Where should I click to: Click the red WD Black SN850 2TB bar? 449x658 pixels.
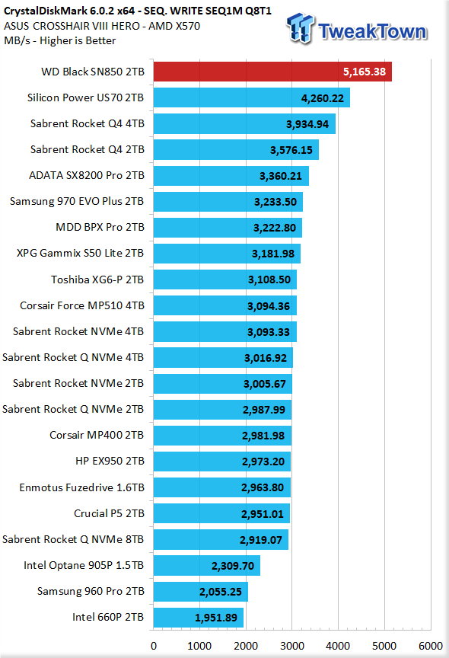click(x=272, y=72)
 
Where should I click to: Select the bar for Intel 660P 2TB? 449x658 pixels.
click(x=199, y=618)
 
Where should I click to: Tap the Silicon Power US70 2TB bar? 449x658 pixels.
click(x=252, y=97)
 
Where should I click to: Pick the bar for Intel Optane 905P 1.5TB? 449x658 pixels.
click(x=207, y=565)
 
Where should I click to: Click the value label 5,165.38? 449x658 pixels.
click(x=365, y=72)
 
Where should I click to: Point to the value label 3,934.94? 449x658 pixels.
click(x=307, y=124)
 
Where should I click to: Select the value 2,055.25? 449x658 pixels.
click(x=221, y=592)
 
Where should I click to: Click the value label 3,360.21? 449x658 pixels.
click(x=281, y=176)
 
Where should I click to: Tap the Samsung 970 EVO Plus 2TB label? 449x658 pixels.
click(x=77, y=201)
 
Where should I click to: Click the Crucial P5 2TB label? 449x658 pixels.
click(x=109, y=513)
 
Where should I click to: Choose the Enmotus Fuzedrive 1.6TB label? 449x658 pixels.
click(x=81, y=487)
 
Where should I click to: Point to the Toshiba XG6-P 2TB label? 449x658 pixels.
click(x=97, y=279)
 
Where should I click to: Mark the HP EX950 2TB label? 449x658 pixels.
click(x=110, y=461)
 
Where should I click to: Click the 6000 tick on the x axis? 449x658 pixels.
click(x=431, y=646)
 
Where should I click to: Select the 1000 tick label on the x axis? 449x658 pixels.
click(x=199, y=646)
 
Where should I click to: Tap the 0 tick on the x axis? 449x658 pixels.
click(x=154, y=646)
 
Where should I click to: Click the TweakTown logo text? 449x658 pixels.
click(x=372, y=31)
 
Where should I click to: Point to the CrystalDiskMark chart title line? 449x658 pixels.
click(x=138, y=11)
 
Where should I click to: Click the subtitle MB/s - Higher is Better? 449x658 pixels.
click(x=59, y=40)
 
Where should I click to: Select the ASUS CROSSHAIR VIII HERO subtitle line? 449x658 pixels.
click(x=102, y=26)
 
